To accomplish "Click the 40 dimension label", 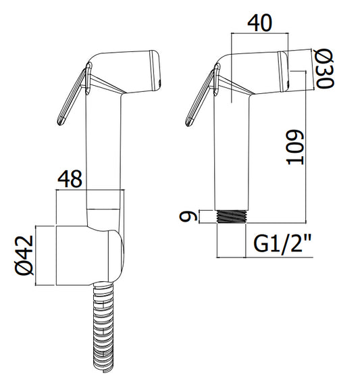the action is [x=259, y=23].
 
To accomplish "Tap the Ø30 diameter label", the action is [x=324, y=68].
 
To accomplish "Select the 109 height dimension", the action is [x=294, y=147].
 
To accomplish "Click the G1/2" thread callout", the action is [x=282, y=243].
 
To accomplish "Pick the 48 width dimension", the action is [x=70, y=179].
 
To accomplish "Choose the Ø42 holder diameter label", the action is [x=24, y=255].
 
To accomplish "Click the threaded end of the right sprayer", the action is [x=232, y=216].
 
